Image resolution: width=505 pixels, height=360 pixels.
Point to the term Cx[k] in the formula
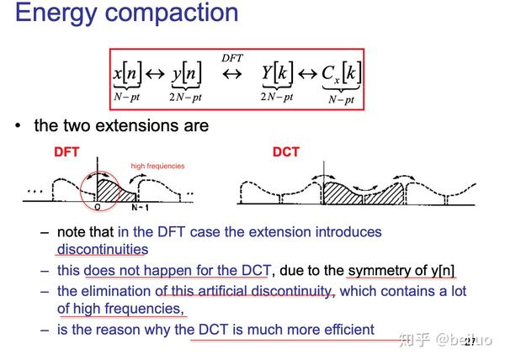[x=341, y=74]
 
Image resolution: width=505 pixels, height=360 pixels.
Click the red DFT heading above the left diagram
[x=67, y=152]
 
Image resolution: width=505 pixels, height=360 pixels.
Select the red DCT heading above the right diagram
[x=285, y=152]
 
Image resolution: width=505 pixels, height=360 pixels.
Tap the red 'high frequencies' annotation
[x=157, y=166]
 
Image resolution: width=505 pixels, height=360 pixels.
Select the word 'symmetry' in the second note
[x=380, y=270]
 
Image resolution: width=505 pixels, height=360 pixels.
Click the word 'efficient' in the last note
[x=343, y=329]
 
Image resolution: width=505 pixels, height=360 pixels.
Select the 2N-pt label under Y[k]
[x=277, y=97]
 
